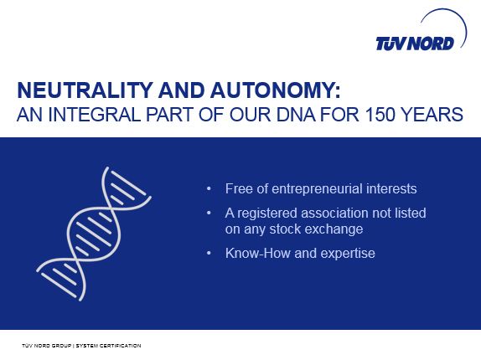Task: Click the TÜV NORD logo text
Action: [x=415, y=44]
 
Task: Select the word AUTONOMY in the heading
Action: [x=275, y=90]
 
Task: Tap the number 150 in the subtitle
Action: [x=380, y=115]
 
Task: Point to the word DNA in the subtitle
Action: [x=296, y=115]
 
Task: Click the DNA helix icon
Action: [x=94, y=234]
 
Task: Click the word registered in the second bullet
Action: [x=267, y=213]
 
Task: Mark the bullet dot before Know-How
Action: [x=209, y=254]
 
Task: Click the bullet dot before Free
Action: [x=209, y=188]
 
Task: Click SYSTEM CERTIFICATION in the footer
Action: [x=108, y=346]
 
